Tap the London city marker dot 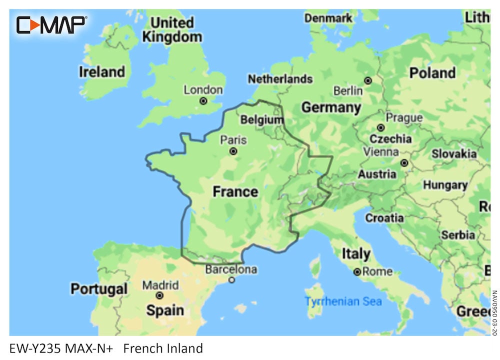pyautogui.click(x=203, y=101)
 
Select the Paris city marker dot pyautogui.click(x=233, y=151)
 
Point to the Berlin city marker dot pyautogui.click(x=368, y=80)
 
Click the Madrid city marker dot pyautogui.click(x=160, y=296)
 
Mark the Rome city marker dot pyautogui.click(x=357, y=272)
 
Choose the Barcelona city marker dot pyautogui.click(x=231, y=280)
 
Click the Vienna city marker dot pyautogui.click(x=404, y=163)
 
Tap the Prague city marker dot pyautogui.click(x=380, y=128)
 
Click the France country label pyautogui.click(x=235, y=191)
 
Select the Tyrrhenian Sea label pyautogui.click(x=343, y=301)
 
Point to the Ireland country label pyautogui.click(x=101, y=72)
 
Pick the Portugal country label pyautogui.click(x=99, y=289)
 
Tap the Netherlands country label pyautogui.click(x=280, y=79)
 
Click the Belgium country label pyautogui.click(x=261, y=120)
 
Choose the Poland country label pyautogui.click(x=433, y=73)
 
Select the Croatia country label pyautogui.click(x=384, y=218)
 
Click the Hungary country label pyautogui.click(x=445, y=185)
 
